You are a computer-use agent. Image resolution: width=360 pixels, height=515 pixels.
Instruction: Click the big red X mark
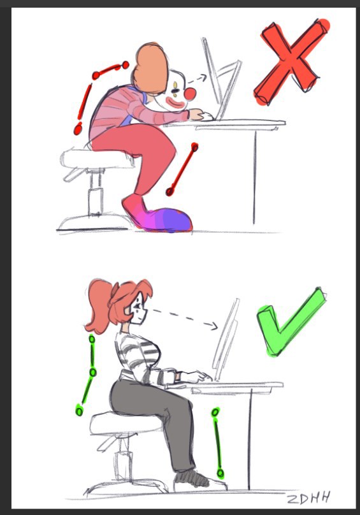pos(291,61)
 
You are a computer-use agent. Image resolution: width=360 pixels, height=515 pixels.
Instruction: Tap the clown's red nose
pos(190,94)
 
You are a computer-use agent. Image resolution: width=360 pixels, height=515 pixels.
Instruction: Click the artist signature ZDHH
pos(308,498)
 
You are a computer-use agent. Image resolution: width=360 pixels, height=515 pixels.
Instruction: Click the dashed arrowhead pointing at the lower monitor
pos(212,326)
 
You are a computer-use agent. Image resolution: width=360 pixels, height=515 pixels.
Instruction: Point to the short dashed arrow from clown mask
pos(196,79)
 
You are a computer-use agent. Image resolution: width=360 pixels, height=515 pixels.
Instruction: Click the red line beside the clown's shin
pos(182,169)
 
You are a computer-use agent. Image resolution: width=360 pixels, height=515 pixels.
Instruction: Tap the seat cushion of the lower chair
pos(125,424)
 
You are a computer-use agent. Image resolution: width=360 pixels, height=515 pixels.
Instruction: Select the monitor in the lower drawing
pos(227,338)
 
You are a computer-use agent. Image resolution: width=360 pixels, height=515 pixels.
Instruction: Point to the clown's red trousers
pos(141,148)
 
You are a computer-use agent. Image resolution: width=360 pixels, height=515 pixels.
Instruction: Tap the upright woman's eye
pos(136,307)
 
